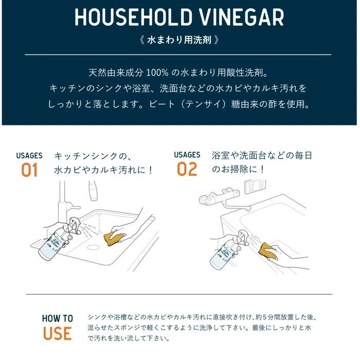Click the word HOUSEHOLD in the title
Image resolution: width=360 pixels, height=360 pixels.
[x=133, y=17]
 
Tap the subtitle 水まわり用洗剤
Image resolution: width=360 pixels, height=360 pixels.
[x=179, y=40]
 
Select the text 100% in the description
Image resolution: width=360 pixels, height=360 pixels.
[x=157, y=73]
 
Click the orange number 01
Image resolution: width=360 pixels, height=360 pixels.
[x=29, y=170]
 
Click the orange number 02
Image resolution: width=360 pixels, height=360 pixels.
[x=187, y=169]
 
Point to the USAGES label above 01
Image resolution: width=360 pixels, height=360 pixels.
[x=29, y=156]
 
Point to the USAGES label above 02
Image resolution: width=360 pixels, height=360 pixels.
[x=187, y=155]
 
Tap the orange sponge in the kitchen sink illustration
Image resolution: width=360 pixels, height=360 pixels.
[x=114, y=239]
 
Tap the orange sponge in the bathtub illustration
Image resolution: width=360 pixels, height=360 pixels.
[x=268, y=251]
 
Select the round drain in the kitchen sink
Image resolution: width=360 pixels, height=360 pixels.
[x=93, y=247]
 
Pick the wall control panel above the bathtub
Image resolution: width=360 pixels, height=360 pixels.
[x=255, y=186]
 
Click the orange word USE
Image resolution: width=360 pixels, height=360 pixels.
[x=58, y=334]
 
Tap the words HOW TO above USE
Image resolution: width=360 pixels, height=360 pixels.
[x=58, y=318]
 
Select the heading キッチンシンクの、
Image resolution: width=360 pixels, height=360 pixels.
[x=93, y=156]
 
